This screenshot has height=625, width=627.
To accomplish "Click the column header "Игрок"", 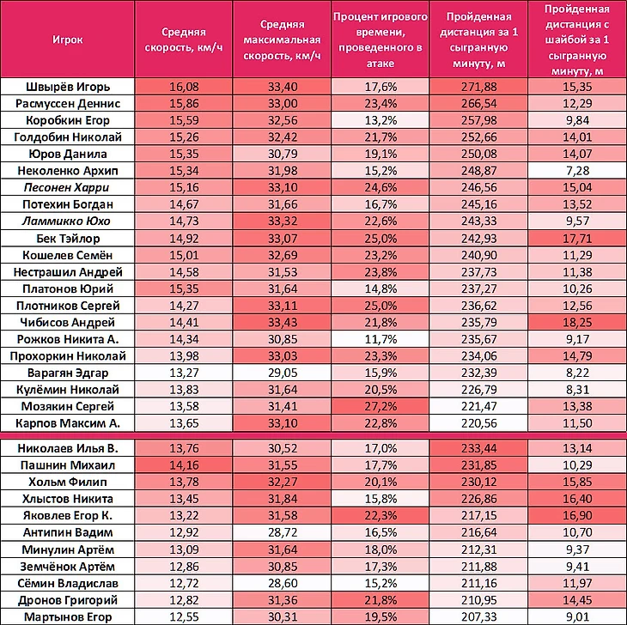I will pos(66,40).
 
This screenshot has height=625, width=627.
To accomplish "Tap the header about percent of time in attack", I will pos(380,40).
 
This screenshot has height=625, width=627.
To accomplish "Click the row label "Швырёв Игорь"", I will pos(66,86).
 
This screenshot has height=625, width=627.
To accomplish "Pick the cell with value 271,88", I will pos(478,86).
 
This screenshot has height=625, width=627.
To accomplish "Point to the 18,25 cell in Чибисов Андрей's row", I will pos(577,323).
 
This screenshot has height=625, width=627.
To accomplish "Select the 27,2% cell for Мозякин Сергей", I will pos(380,405).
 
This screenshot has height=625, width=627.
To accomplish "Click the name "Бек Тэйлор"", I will pos(66,238).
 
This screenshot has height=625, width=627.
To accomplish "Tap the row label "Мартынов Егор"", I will pos(66,616).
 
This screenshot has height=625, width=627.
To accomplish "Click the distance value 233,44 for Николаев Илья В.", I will pos(478,447).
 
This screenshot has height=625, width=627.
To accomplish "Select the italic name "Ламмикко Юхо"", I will pos(66,221).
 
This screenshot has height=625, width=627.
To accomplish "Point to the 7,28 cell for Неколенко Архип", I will pos(577,171).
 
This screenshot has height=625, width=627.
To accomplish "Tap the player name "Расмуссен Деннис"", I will pos(66,103).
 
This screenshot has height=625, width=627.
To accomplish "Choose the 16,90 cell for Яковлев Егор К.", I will pos(577,514).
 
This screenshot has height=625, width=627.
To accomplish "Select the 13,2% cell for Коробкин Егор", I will pos(380,120).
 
